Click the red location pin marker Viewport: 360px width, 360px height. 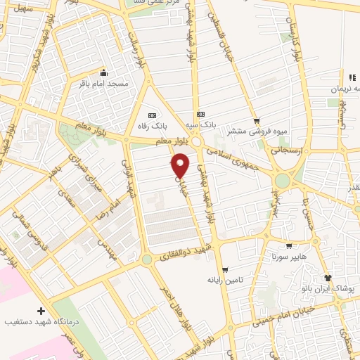181,165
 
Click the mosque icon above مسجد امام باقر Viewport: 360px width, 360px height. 104,72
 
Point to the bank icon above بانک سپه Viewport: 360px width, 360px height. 201,114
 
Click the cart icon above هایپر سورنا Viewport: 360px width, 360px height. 288,246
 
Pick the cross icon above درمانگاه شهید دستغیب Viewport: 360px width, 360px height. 41,310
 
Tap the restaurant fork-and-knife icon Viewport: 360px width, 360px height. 352,77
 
